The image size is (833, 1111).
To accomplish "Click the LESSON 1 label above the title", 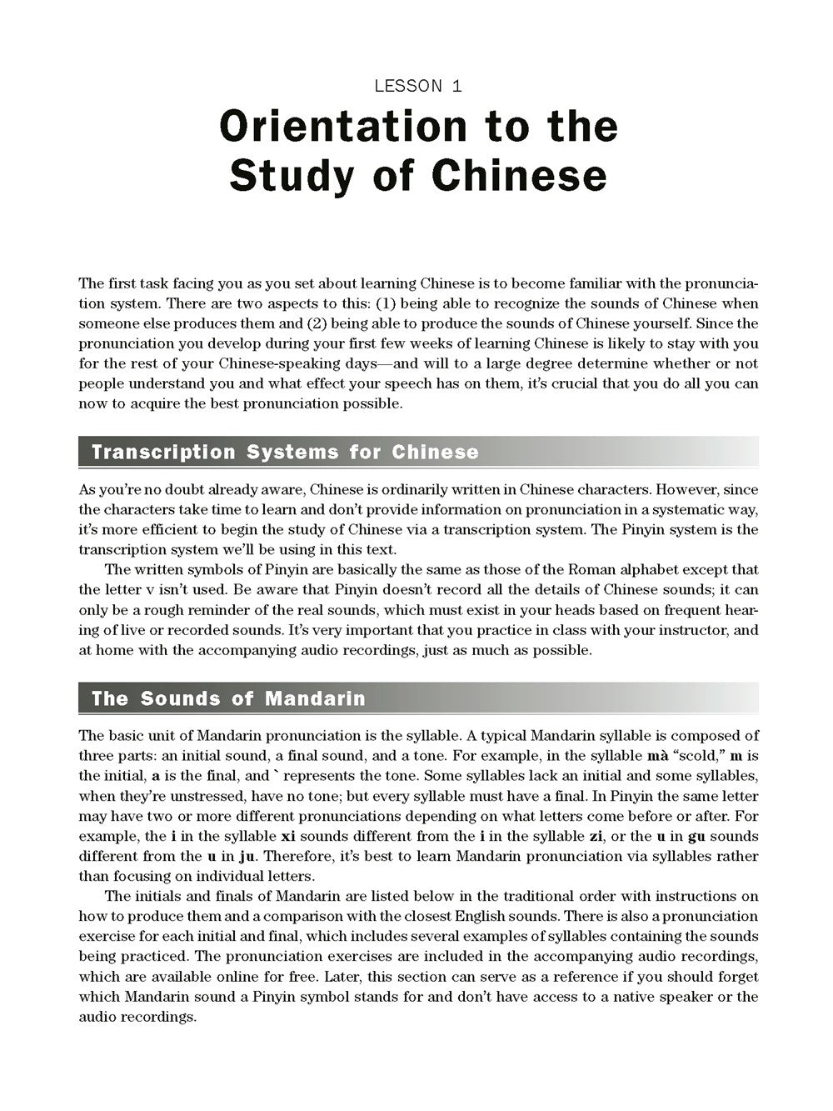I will pyautogui.click(x=418, y=86).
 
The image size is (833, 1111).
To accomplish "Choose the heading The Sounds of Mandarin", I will pyautogui.click(x=228, y=698).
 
